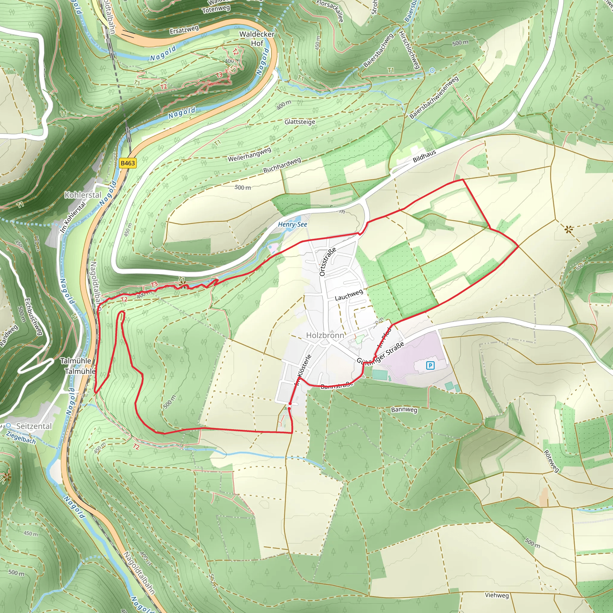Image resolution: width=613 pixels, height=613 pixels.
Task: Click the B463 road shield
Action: pos(128,163)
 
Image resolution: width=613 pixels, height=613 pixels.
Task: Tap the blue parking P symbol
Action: pos(430,365)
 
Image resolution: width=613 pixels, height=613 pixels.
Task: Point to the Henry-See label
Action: pos(292,224)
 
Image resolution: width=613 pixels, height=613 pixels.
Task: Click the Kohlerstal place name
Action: pos(83,195)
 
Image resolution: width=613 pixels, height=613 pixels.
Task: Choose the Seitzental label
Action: pos(34,426)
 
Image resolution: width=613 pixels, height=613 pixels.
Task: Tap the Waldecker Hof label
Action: pos(257,38)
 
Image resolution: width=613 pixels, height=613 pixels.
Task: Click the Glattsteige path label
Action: pos(300,122)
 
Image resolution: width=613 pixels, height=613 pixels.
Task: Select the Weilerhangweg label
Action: pos(249,154)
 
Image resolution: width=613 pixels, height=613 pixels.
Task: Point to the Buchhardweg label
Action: pos(282,165)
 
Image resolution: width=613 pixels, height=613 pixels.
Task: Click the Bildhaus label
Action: pos(424,156)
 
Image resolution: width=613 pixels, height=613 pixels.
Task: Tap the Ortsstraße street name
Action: pos(327,262)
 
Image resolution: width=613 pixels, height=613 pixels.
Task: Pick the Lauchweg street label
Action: pos(349,295)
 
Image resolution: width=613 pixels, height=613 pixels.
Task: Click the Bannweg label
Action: pos(404,410)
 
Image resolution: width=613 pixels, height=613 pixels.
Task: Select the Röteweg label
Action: pos(551,461)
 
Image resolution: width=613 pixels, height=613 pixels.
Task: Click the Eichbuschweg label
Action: pos(33,316)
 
